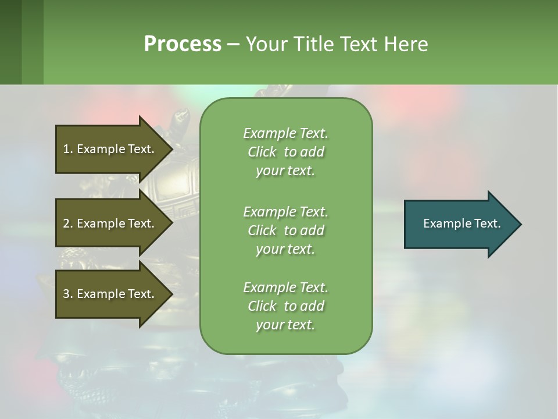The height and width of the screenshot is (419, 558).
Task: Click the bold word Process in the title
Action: pyautogui.click(x=183, y=44)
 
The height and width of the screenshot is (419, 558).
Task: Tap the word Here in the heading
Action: pyautogui.click(x=406, y=44)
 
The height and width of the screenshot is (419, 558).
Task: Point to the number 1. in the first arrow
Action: pyautogui.click(x=68, y=149)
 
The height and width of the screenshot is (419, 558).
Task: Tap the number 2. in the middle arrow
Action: pyautogui.click(x=68, y=223)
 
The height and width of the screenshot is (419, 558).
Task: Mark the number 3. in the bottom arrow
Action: pyautogui.click(x=68, y=294)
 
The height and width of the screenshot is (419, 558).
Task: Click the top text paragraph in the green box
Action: pyautogui.click(x=285, y=152)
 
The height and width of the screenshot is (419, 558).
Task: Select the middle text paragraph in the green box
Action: pyautogui.click(x=285, y=230)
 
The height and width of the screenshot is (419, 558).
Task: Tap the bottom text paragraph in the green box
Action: pyautogui.click(x=285, y=306)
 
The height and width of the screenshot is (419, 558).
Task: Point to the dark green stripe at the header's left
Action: pyautogui.click(x=10, y=42)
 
